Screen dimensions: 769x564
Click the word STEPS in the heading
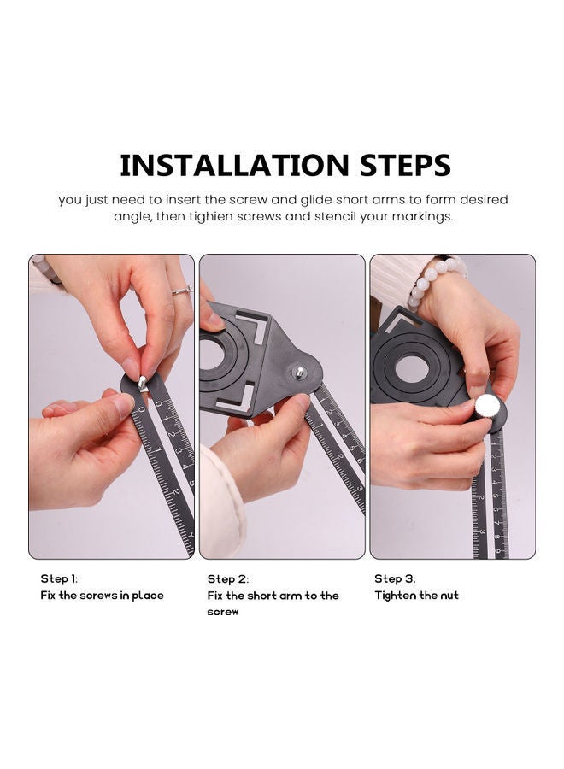(400, 165)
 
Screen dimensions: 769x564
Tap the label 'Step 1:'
(59, 578)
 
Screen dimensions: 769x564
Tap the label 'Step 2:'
(227, 578)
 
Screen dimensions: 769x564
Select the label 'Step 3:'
(395, 578)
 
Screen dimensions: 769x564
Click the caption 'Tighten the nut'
(416, 595)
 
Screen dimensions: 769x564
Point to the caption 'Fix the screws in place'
(102, 595)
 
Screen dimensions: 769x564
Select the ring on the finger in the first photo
(181, 291)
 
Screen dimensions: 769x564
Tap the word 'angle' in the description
(131, 217)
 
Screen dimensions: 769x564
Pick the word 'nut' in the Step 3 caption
(449, 595)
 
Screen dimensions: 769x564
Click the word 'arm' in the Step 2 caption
(291, 595)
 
